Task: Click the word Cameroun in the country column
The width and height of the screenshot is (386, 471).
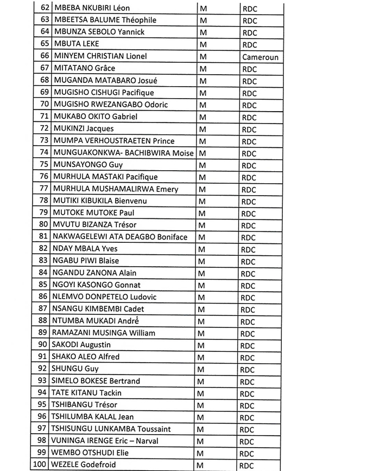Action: (261, 57)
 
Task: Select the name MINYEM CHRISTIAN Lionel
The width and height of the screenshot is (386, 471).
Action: (99, 56)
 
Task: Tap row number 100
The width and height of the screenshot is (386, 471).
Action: (40, 464)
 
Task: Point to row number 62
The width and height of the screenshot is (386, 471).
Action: (44, 8)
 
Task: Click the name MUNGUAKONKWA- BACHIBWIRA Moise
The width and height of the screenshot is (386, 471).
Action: (123, 153)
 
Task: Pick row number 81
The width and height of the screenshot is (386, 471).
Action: (44, 236)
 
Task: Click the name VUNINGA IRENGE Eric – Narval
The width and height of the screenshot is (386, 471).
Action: (105, 441)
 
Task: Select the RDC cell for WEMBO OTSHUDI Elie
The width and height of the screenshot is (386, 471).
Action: (248, 454)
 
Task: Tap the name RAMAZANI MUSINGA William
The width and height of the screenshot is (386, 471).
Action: (103, 332)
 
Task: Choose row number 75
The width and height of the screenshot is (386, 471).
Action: (44, 164)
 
